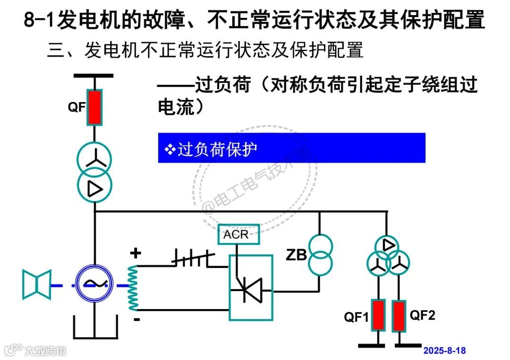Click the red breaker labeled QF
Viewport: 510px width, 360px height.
pyautogui.click(x=95, y=108)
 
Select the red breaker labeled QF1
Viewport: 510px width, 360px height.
pyautogui.click(x=378, y=315)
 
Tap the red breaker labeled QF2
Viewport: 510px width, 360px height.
pyautogui.click(x=399, y=315)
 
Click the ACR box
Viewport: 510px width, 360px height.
pyautogui.click(x=239, y=234)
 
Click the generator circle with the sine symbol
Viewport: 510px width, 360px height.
pyautogui.click(x=94, y=283)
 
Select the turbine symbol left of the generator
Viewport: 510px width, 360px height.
pyautogui.click(x=36, y=285)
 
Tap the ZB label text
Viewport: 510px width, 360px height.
pyautogui.click(x=296, y=256)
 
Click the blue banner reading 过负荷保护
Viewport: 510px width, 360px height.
pyautogui.click(x=291, y=148)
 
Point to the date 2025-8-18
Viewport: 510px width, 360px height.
pyautogui.click(x=444, y=351)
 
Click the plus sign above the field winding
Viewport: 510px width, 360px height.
pyautogui.click(x=136, y=254)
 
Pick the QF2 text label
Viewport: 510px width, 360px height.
pyautogui.click(x=423, y=315)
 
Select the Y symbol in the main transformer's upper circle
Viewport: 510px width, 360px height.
pyautogui.click(x=95, y=161)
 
